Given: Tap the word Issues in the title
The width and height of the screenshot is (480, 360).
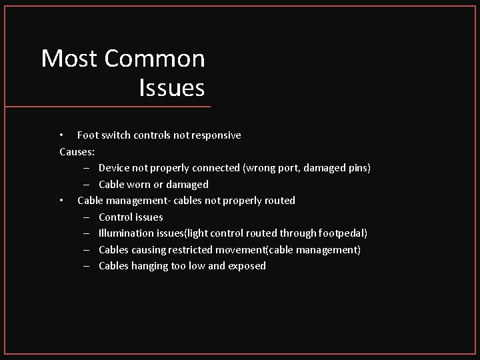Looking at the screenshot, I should (x=172, y=87).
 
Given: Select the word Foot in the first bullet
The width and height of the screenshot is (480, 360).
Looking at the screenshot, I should (x=88, y=135).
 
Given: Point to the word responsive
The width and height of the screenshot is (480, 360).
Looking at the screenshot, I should (x=217, y=135).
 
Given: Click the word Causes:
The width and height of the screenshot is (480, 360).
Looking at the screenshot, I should (x=77, y=151).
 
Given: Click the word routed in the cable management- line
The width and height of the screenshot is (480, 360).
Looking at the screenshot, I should (x=279, y=200).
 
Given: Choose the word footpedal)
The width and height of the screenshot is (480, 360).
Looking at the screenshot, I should (x=342, y=233).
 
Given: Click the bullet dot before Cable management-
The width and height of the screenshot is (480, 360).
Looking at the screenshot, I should (x=61, y=200).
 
